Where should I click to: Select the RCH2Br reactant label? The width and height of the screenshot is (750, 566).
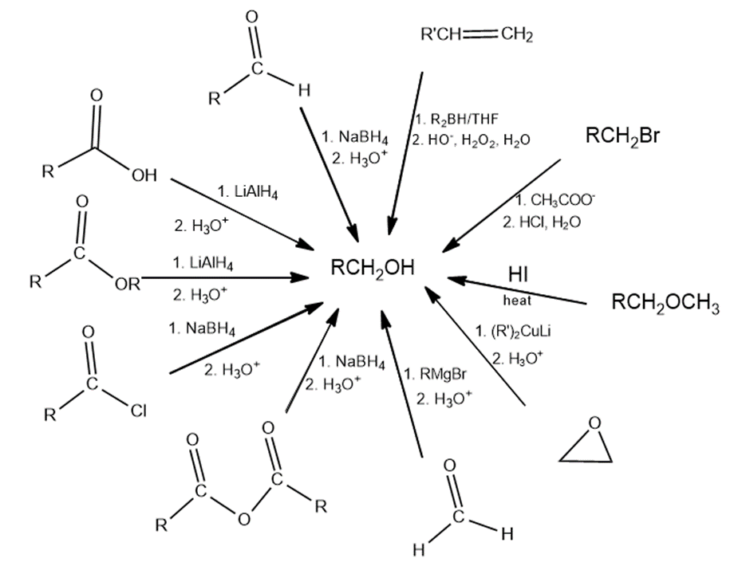(x=622, y=136)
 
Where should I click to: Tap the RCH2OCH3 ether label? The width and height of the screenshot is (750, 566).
(x=665, y=304)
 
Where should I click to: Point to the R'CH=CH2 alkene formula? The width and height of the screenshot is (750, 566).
(x=476, y=34)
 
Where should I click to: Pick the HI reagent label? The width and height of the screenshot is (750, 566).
(x=519, y=273)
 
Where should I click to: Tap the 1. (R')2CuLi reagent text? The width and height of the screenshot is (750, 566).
(x=523, y=332)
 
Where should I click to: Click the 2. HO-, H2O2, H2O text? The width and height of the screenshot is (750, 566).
(x=472, y=141)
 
